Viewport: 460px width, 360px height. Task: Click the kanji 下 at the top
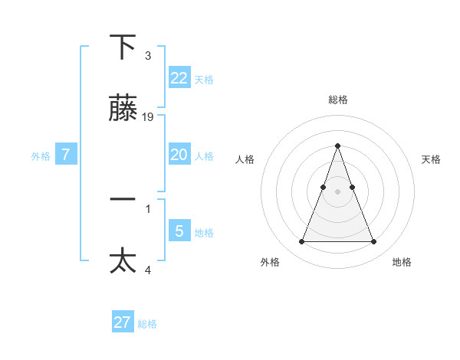(x=123, y=47)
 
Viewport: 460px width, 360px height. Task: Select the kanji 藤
(x=123, y=109)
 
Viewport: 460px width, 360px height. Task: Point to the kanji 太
(x=123, y=260)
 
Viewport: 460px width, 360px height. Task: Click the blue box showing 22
(x=179, y=77)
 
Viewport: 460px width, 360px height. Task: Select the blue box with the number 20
(x=179, y=155)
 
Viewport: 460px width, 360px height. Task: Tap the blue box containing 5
(x=179, y=231)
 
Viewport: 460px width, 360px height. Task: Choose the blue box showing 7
(x=66, y=155)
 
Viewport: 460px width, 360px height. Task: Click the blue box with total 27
(x=123, y=322)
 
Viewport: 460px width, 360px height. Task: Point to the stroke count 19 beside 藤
(x=148, y=117)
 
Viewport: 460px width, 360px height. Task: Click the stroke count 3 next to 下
(x=148, y=56)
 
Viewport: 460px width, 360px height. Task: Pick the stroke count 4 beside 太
(x=148, y=270)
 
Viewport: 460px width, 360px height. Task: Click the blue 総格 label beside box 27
(x=147, y=325)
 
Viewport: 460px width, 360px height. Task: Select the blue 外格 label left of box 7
(x=41, y=156)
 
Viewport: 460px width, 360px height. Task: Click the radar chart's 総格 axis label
(x=337, y=100)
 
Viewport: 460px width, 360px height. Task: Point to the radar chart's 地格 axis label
(x=402, y=263)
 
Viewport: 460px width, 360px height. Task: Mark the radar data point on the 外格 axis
(x=301, y=242)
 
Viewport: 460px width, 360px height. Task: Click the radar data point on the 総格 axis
(x=337, y=146)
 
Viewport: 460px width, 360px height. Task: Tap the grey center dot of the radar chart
(x=337, y=191)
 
